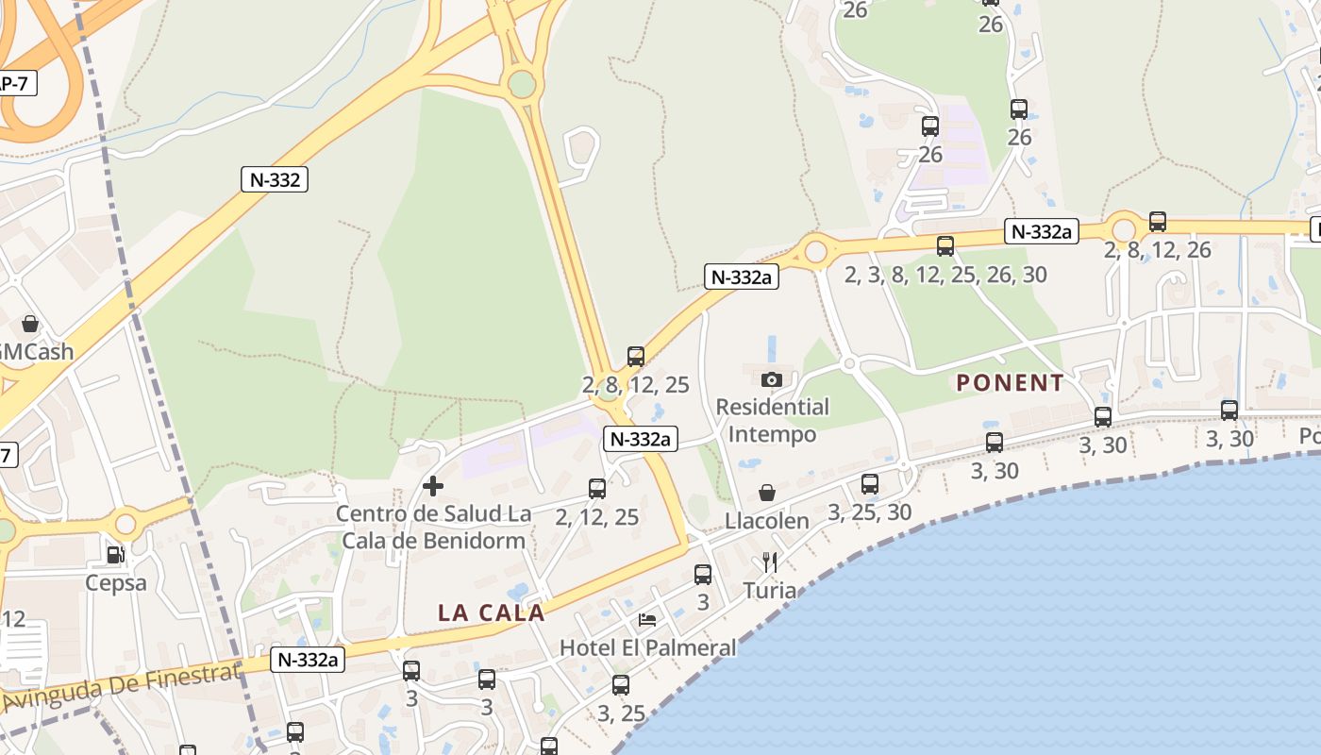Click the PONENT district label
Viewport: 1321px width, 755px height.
(1010, 382)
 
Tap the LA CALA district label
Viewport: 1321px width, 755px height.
(492, 612)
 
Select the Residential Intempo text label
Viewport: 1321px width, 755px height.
(772, 421)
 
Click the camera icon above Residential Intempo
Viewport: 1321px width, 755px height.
(772, 379)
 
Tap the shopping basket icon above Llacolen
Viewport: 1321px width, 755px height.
(767, 493)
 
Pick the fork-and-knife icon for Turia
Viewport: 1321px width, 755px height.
(769, 562)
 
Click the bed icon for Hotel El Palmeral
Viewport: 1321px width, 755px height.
(647, 620)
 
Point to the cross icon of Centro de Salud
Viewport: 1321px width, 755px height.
(433, 486)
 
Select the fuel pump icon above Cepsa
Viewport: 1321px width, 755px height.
(115, 555)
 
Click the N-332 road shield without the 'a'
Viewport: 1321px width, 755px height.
(276, 179)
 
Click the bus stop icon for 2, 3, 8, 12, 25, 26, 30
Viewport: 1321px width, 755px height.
(945, 246)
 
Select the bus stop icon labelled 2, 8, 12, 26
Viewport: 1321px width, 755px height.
(1158, 222)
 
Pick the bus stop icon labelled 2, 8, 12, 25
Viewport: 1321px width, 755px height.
(636, 357)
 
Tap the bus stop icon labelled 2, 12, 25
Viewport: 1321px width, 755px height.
(597, 488)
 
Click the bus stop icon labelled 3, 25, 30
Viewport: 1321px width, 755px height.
(870, 484)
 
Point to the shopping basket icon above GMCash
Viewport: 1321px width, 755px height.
(30, 324)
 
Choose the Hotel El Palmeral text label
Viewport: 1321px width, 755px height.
(647, 648)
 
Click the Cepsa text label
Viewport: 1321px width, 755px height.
(116, 582)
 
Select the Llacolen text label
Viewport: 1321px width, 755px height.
(767, 521)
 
